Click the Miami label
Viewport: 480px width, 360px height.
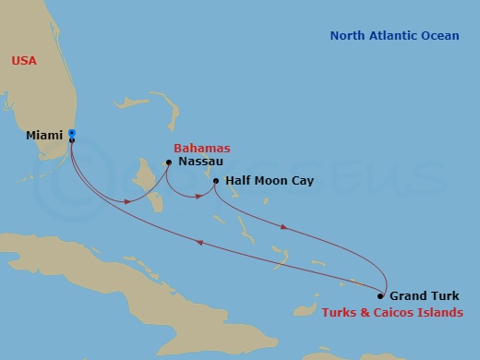click(44, 136)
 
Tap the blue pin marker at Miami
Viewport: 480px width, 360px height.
click(72, 134)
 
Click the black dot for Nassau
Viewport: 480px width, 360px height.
click(168, 162)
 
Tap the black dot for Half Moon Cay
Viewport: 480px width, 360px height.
click(215, 182)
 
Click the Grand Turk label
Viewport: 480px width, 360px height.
click(422, 296)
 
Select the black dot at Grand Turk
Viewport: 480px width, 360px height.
click(380, 296)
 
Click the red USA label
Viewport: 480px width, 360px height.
click(24, 61)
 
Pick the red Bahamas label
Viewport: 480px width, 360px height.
click(201, 148)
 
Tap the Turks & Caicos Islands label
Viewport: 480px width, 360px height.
click(392, 313)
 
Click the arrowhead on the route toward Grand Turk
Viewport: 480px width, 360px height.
click(284, 227)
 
